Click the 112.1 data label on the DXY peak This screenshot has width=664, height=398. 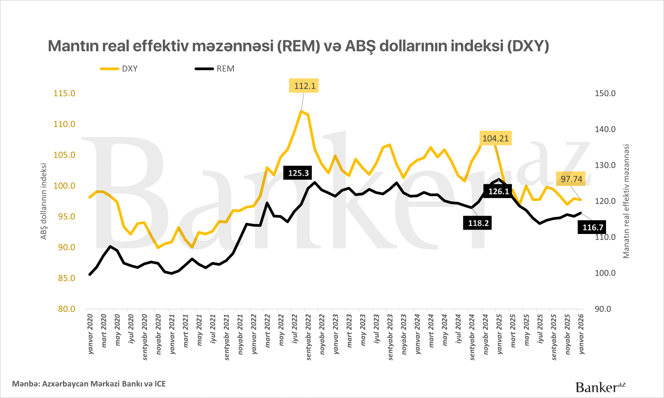pyautogui.click(x=303, y=86)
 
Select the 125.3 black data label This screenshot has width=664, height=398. pyautogui.click(x=298, y=173)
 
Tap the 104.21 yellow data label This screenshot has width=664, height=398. pyautogui.click(x=495, y=138)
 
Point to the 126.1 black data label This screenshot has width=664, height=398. pyautogui.click(x=498, y=191)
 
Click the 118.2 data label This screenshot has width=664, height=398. pyautogui.click(x=478, y=223)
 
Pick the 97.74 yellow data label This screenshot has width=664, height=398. pyautogui.click(x=571, y=179)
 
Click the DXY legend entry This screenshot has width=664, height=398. pyautogui.click(x=119, y=69)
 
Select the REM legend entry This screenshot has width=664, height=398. pyautogui.click(x=215, y=69)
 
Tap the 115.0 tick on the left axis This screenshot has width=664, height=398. pyautogui.click(x=64, y=93)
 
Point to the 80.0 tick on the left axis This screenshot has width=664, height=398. pyautogui.click(x=67, y=309)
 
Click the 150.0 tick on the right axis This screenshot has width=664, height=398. pyautogui.click(x=605, y=93)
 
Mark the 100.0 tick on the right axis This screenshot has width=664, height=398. pyautogui.click(x=605, y=273)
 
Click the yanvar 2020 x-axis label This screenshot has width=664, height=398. pyautogui.click(x=91, y=334)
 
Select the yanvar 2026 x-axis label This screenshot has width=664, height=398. pyautogui.click(x=581, y=334)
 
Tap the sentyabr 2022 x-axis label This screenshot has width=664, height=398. pyautogui.click(x=308, y=337)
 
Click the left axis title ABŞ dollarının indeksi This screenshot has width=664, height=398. pyautogui.click(x=44, y=201)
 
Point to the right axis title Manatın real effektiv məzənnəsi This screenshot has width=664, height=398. pyautogui.click(x=626, y=201)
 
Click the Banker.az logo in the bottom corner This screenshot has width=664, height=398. pyautogui.click(x=600, y=387)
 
